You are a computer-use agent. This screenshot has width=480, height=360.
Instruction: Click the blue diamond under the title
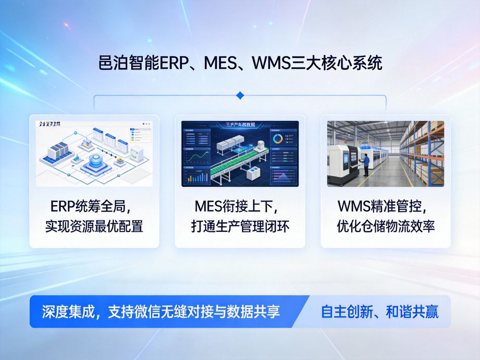[x=240, y=95]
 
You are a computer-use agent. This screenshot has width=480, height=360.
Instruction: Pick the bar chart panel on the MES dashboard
[x=196, y=175]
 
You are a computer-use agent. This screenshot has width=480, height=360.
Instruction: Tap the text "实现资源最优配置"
[x=94, y=227]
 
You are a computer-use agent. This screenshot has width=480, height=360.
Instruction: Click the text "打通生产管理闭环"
[x=240, y=227]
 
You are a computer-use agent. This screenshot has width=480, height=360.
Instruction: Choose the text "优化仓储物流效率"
[x=386, y=227]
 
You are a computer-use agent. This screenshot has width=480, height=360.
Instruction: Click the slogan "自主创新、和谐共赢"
[x=379, y=312]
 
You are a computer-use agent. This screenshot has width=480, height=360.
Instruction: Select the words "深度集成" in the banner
[x=61, y=312]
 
